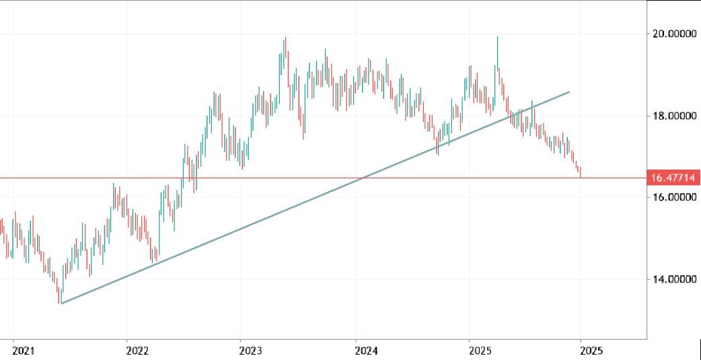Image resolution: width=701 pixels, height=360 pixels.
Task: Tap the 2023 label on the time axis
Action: [251, 351]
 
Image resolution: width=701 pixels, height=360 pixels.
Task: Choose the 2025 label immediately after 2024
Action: [480, 351]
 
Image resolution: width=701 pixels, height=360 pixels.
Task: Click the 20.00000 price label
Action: [672, 34]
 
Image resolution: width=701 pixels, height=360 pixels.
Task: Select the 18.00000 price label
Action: [672, 116]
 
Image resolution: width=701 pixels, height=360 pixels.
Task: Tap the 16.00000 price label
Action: [672, 197]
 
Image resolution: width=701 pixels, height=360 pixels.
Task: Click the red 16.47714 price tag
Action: [672, 178]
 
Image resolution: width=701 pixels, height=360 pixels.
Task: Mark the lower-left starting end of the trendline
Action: [61, 303]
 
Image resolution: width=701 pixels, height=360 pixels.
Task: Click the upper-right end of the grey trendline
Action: [570, 92]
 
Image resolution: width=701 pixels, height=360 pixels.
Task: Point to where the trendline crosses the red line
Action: [363, 178]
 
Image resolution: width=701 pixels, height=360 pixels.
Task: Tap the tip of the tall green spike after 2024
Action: [497, 37]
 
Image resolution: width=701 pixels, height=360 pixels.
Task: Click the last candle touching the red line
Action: [580, 173]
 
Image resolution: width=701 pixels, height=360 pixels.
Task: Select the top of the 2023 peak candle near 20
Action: [286, 38]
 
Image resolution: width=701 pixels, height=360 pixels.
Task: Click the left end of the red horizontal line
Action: [1, 178]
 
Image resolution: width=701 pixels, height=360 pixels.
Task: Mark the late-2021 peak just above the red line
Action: [113, 183]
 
